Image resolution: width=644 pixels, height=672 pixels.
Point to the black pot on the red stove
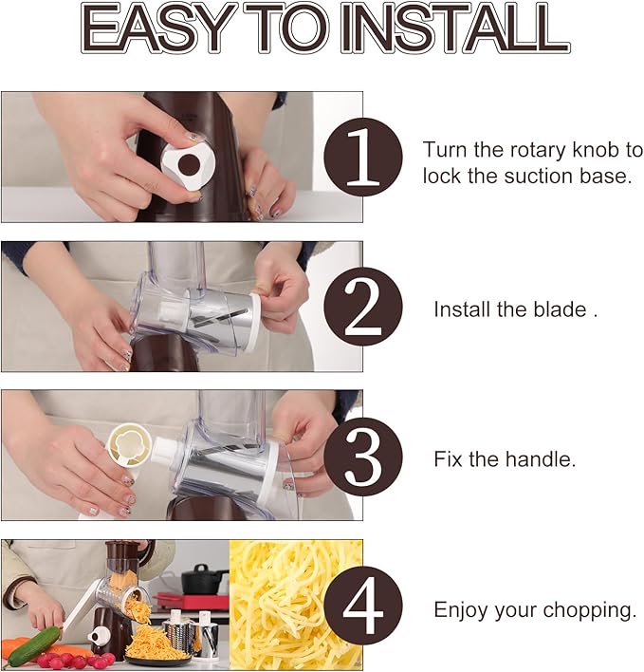click(x=200, y=578)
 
